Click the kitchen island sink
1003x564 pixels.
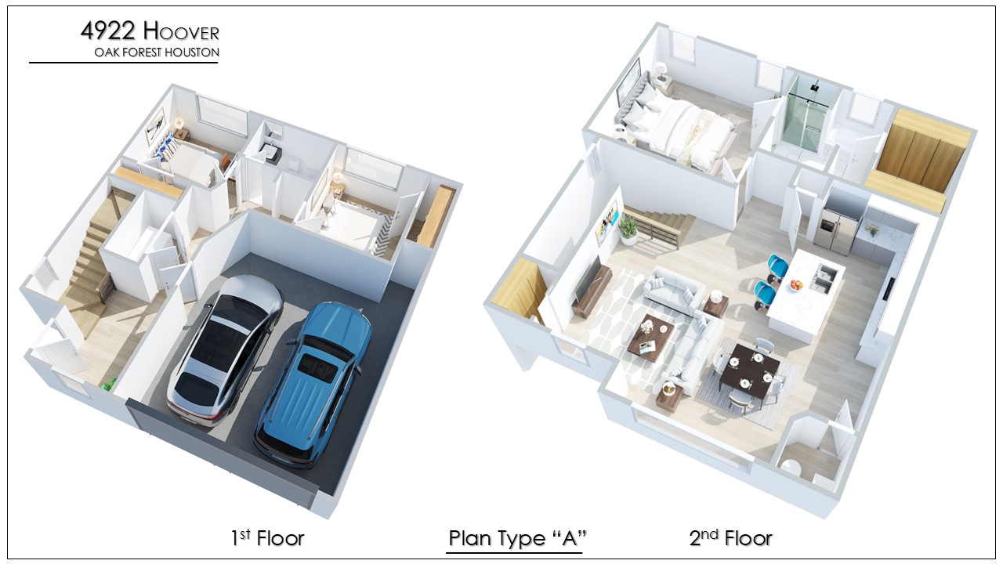(823, 277)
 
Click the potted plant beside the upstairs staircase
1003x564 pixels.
(628, 229)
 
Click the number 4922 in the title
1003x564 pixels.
(108, 31)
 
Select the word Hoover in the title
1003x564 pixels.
(181, 32)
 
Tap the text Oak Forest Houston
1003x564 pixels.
(157, 52)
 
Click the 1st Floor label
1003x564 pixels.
(267, 538)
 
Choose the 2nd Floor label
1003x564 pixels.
(731, 538)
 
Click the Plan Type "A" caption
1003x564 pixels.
(517, 538)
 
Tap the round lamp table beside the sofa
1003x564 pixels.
(716, 304)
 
